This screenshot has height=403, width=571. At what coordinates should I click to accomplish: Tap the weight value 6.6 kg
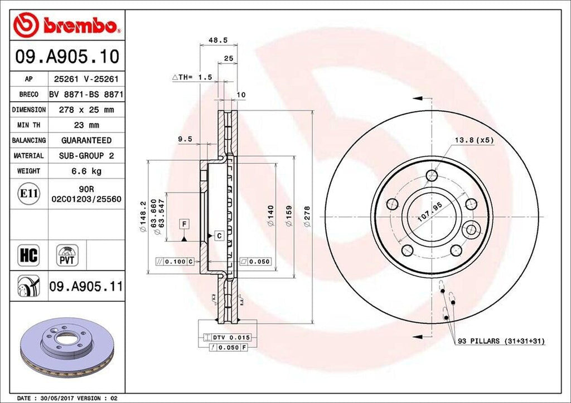[x=86, y=171]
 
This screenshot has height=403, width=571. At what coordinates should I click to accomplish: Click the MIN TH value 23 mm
[x=86, y=125]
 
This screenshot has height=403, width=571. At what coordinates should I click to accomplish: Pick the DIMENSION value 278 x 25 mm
[x=86, y=110]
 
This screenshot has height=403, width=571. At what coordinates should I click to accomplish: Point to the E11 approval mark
[x=28, y=194]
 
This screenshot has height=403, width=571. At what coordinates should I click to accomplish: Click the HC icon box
[x=28, y=255]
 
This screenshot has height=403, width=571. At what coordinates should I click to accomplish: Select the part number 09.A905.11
[x=85, y=287]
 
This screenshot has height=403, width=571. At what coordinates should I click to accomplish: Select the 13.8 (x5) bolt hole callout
[x=473, y=141]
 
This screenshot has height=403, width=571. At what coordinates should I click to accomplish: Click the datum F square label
[x=183, y=224]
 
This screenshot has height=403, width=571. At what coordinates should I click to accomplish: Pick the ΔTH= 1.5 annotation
[x=192, y=78]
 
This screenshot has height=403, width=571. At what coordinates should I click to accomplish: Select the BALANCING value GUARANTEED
[x=86, y=140]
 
